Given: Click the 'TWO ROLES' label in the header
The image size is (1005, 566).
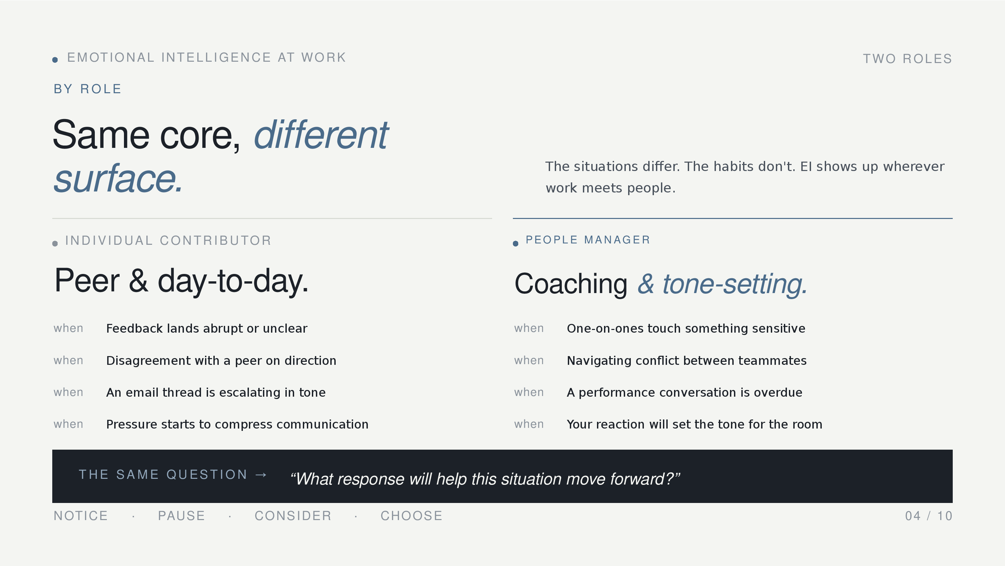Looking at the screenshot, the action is point(908,59).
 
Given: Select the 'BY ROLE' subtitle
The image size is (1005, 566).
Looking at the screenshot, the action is point(88,89).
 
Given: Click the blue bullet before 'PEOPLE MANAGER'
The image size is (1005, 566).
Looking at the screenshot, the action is point(515,244).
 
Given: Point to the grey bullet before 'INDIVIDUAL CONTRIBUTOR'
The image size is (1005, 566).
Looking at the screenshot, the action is point(55,244).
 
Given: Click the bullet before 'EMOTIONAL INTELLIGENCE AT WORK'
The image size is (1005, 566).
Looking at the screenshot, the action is point(55,60).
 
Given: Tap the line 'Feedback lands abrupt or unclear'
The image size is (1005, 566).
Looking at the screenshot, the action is point(207,329).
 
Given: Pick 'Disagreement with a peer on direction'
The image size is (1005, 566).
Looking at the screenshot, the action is point(221,360).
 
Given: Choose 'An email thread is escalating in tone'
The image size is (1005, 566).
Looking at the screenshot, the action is point(216,393).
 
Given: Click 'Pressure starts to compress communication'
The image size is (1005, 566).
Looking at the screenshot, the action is point(237,424).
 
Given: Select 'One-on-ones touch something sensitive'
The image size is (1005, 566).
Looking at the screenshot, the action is point(686,329).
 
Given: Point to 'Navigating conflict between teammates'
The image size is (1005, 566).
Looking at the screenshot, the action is point(687,360).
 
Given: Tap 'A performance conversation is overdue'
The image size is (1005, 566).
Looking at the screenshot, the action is point(685,393).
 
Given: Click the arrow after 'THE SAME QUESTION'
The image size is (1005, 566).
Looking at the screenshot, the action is point(261,474).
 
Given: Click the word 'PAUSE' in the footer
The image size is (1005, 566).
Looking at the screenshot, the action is point(182,516).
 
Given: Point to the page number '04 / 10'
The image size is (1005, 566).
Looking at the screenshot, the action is point(929,516).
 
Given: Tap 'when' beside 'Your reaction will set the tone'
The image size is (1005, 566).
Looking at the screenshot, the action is point(529,424).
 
